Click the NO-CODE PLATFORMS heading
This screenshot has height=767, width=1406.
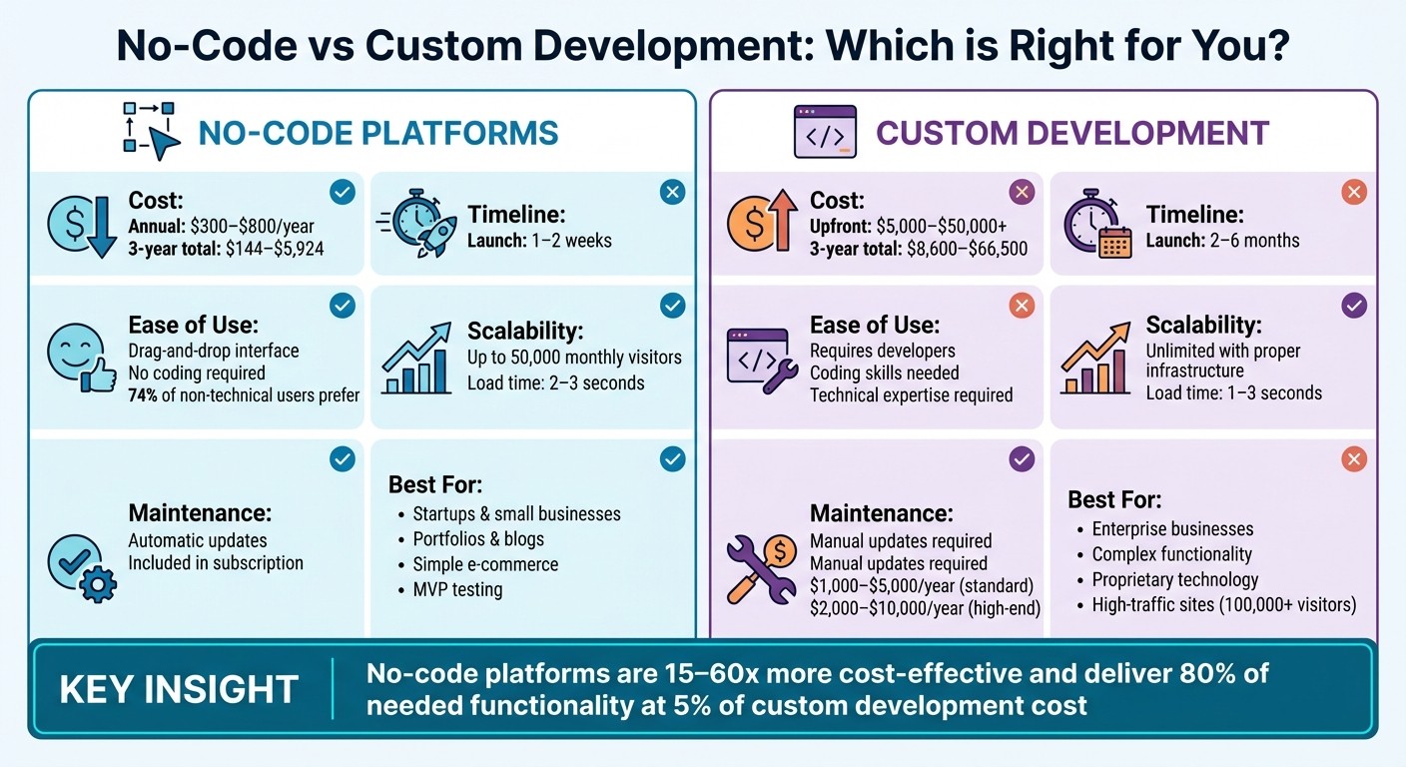378,133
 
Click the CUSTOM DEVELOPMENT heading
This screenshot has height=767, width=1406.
1071,133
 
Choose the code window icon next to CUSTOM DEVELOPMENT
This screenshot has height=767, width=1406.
824,133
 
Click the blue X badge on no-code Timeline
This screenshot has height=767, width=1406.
673,192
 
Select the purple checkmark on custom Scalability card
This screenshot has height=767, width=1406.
1353,306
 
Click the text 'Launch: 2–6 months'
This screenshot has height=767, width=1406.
1222,241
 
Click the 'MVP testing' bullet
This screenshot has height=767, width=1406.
457,589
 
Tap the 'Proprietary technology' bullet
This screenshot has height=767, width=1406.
1174,579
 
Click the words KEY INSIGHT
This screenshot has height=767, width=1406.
179,690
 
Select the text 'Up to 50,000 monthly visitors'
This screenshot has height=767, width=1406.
574,358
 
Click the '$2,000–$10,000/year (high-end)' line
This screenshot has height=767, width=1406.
925,608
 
